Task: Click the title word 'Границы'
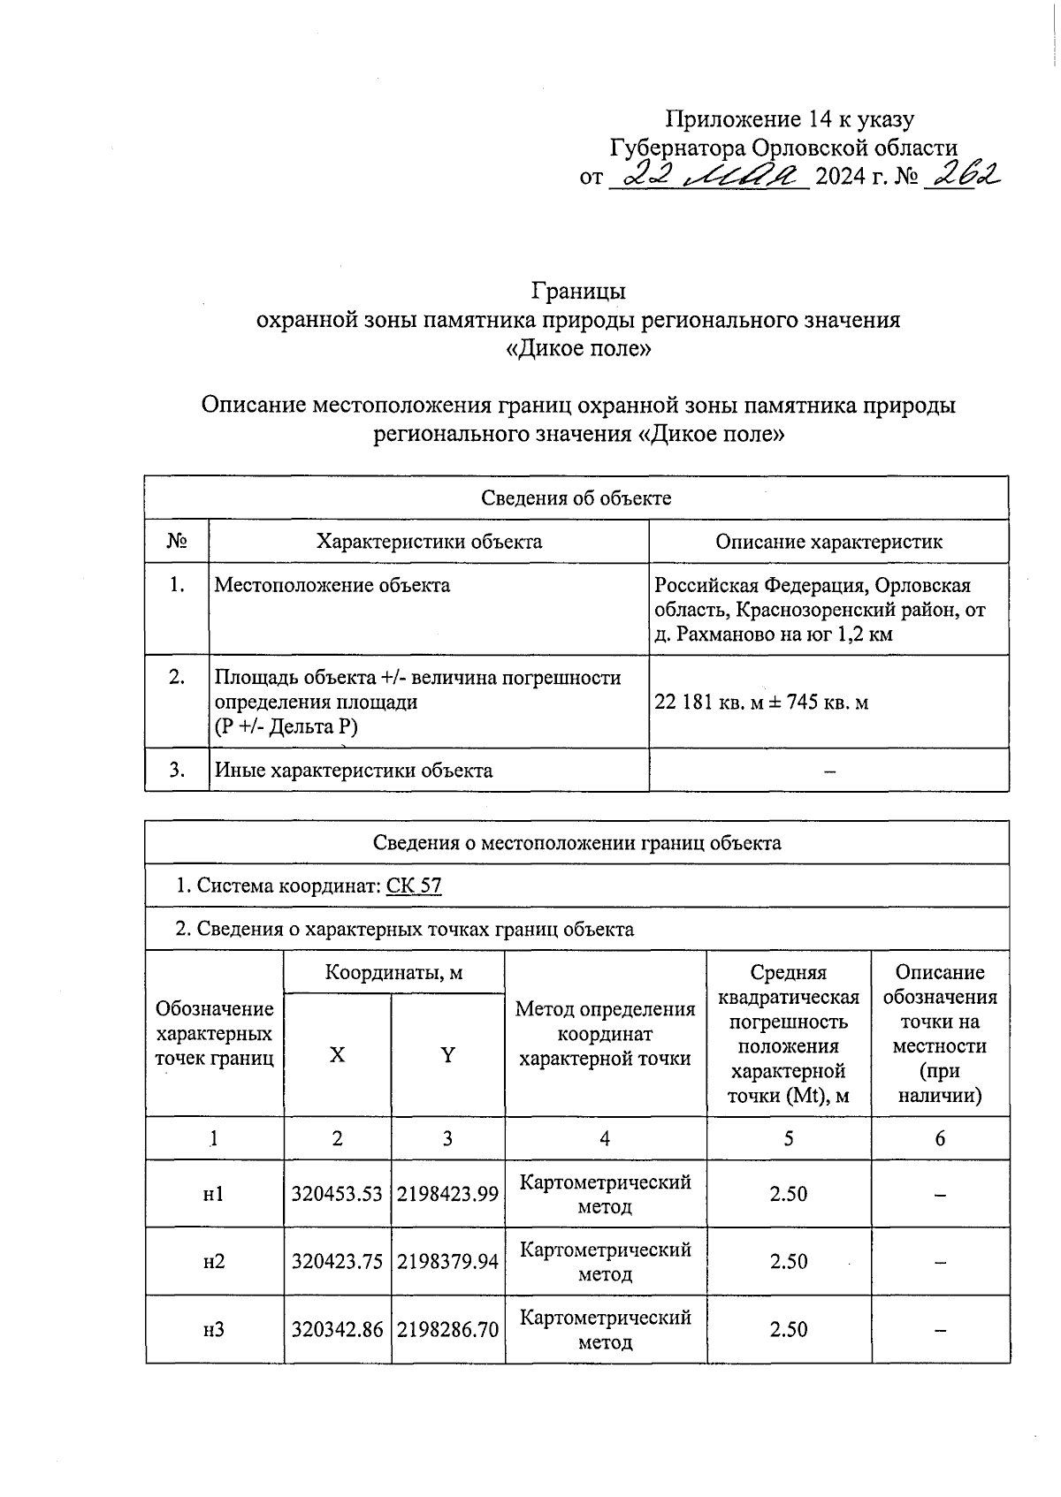[578, 291]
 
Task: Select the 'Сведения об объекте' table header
[576, 498]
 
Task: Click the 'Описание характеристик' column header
[828, 542]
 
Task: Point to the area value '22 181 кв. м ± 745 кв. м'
[761, 703]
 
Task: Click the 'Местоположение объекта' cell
[332, 585]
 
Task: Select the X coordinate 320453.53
[337, 1194]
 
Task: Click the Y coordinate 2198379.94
[447, 1262]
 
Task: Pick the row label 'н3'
[214, 1329]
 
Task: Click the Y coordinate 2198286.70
[447, 1329]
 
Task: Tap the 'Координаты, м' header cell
[393, 973]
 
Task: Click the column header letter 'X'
[337, 1055]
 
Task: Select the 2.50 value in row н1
[788, 1194]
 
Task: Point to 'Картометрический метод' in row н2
[606, 1262]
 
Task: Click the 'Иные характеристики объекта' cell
[354, 771]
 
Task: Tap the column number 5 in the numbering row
[788, 1139]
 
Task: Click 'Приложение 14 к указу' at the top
[790, 119]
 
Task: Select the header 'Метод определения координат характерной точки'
[606, 1034]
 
